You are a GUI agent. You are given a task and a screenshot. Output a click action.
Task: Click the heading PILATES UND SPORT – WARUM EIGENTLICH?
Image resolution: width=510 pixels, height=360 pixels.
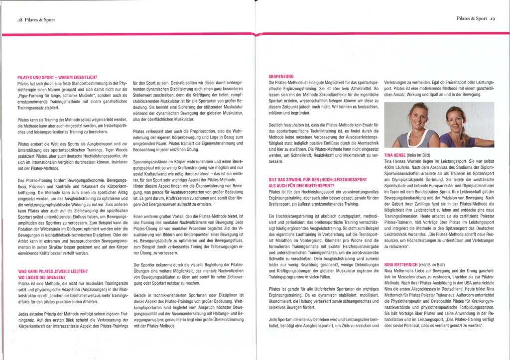(x=57, y=78)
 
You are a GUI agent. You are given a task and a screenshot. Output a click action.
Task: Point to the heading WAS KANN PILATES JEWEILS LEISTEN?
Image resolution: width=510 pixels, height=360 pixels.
(x=52, y=271)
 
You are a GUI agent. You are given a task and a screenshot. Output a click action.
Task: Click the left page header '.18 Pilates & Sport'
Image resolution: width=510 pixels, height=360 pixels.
(x=35, y=20)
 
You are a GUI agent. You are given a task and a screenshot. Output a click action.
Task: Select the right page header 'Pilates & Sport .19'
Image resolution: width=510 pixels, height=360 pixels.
(x=475, y=18)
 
